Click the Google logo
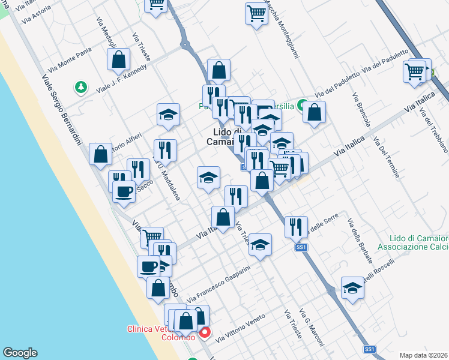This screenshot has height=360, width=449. (20, 353)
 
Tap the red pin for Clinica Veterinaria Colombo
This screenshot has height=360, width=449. (205, 332)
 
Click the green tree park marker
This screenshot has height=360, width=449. (80, 88)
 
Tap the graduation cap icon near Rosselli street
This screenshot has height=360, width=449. (352, 287)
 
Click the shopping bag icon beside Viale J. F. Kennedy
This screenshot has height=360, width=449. (119, 59)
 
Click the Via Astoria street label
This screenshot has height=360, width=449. (37, 14)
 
